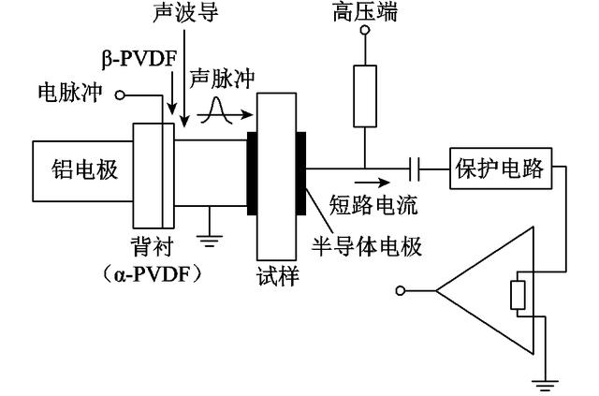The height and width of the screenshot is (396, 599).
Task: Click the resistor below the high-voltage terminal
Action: tap(360, 95)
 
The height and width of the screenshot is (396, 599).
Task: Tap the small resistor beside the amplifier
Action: tap(517, 294)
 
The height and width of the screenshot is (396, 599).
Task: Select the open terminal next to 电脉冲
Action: tap(120, 95)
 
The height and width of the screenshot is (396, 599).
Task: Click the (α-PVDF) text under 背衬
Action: tap(152, 275)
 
